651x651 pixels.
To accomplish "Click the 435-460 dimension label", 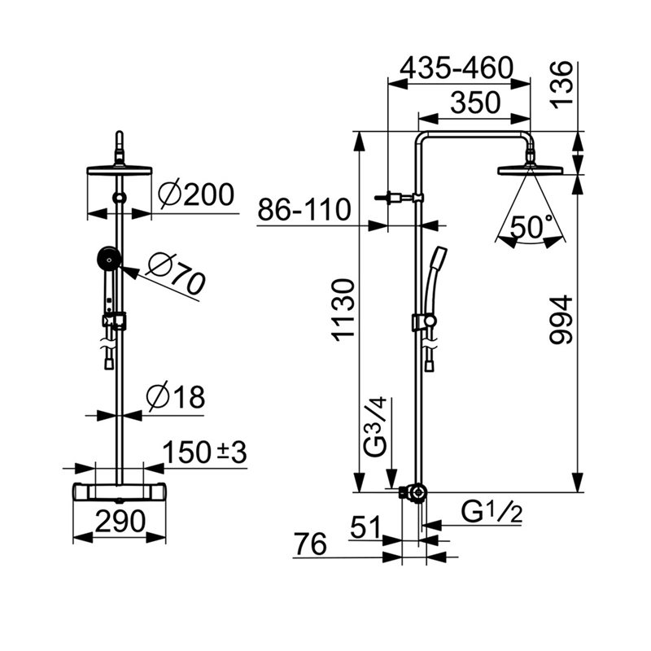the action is coord(457,68).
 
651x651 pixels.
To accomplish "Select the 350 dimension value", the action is coord(475,103).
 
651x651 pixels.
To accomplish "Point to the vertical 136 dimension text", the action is coord(562,85).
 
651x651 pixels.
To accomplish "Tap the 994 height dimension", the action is coord(561,320).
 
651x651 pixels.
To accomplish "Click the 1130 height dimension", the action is coord(343,310).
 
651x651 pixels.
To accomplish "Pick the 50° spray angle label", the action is coord(531,227).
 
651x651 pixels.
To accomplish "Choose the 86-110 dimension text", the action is coord(304,210).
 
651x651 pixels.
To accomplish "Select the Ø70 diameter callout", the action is coord(176,273).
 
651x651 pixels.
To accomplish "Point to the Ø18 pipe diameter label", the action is coord(176,397).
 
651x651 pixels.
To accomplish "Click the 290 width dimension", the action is coord(120,521).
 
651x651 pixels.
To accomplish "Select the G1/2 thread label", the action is coord(492,513).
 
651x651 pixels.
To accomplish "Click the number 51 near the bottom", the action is coord(365,527).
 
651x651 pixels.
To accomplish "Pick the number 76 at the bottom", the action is coord(311,544).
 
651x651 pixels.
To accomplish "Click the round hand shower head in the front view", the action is coord(109,259).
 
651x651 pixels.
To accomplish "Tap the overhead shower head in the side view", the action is coord(531,170).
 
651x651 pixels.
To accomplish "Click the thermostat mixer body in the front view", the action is coord(120,492).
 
